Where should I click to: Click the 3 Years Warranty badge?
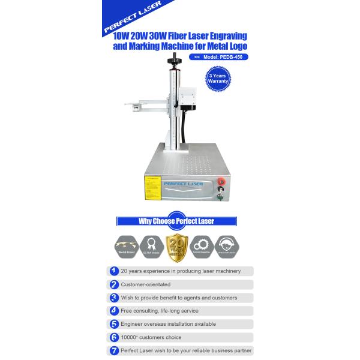point(218,79)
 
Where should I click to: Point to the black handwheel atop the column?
point(176,61)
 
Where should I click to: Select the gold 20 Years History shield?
point(176,245)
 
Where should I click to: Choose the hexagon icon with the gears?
point(202,245)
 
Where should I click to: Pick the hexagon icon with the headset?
point(228,245)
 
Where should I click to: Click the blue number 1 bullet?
point(114,271)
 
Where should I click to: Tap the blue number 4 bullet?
point(114,311)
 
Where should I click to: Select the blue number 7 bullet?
point(114,350)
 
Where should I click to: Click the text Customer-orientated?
point(146,284)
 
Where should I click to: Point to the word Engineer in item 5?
point(132,324)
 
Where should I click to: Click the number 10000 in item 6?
point(130,337)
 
